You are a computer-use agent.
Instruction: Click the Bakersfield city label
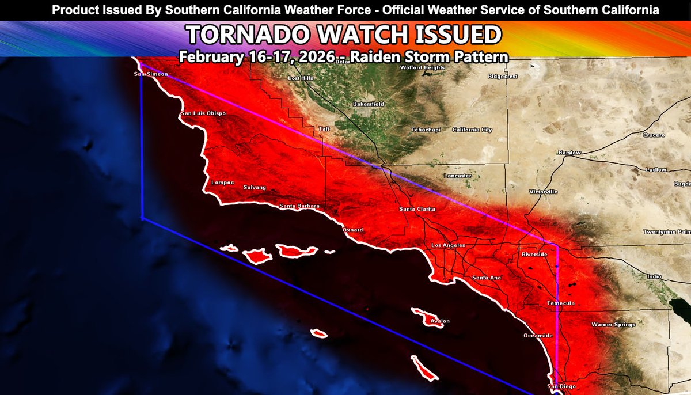[x=369, y=104]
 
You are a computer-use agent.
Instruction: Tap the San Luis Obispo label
[x=203, y=113]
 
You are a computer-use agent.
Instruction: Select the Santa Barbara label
[x=299, y=206]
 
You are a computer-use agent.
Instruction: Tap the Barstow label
[x=569, y=152]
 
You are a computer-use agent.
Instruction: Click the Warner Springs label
[x=613, y=325]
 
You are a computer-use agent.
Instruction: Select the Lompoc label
[x=223, y=183]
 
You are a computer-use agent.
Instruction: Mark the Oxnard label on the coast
[x=352, y=230]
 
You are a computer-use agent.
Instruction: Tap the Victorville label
[x=544, y=192]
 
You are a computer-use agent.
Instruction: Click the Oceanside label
[x=538, y=336]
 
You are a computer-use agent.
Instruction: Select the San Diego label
[x=561, y=386]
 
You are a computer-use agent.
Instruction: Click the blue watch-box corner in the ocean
[x=141, y=218]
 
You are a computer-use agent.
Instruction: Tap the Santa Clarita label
[x=417, y=209]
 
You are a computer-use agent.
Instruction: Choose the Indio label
[x=654, y=277]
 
